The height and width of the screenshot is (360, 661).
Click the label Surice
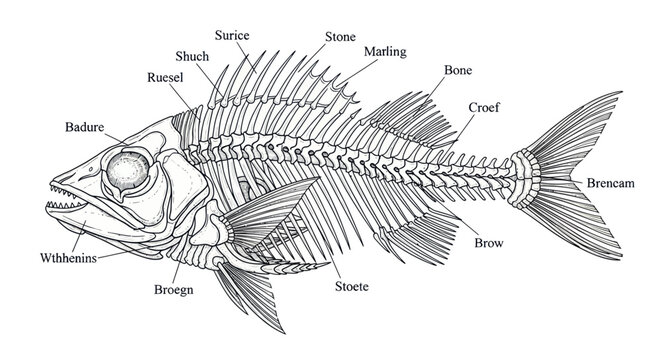click(x=232, y=35)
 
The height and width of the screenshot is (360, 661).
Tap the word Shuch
click(x=192, y=56)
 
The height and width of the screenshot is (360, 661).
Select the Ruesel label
click(x=165, y=78)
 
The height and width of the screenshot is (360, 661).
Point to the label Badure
click(x=84, y=127)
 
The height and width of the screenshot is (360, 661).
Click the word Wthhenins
click(x=69, y=258)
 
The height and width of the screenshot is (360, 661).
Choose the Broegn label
click(x=174, y=290)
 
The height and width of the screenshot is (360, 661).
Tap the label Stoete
click(x=352, y=287)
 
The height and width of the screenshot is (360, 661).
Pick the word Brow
click(x=489, y=243)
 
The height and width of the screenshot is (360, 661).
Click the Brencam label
click(x=611, y=183)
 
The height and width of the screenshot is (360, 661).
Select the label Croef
click(x=484, y=107)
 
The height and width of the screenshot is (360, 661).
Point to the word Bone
click(x=458, y=70)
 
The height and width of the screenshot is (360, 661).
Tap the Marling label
click(x=385, y=52)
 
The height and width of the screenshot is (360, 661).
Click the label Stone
click(x=340, y=37)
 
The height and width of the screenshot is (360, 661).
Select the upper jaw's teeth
click(x=63, y=191)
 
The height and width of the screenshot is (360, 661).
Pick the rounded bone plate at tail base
click(x=525, y=179)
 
